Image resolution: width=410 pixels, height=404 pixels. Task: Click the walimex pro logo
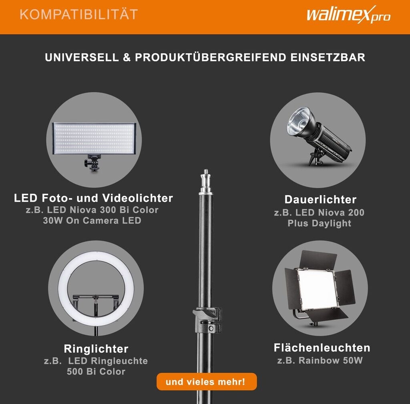click(x=349, y=15)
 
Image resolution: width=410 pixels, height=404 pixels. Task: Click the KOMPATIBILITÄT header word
click(x=79, y=14)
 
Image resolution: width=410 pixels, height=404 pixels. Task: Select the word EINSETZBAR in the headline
click(x=328, y=58)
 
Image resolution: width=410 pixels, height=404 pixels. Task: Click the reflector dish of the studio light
click(x=299, y=123)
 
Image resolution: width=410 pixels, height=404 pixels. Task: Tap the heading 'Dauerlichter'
click(x=321, y=200)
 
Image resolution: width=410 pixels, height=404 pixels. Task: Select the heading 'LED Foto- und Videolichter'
click(x=93, y=198)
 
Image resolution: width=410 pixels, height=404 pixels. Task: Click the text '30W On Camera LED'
click(x=92, y=221)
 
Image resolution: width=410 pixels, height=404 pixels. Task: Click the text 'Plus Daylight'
click(x=320, y=224)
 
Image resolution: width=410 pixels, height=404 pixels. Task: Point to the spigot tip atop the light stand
click(x=206, y=171)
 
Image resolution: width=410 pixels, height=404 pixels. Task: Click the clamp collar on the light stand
click(x=208, y=320)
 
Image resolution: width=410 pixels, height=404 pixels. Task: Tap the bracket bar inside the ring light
click(x=96, y=297)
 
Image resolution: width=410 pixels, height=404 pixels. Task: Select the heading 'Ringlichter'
click(x=96, y=349)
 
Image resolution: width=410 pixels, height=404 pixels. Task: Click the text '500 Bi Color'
click(x=96, y=372)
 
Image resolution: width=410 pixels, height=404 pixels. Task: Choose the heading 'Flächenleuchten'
click(x=322, y=348)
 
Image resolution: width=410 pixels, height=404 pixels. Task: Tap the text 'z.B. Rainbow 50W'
click(x=320, y=361)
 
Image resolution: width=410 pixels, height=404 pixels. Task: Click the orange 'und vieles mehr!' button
click(x=207, y=382)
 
